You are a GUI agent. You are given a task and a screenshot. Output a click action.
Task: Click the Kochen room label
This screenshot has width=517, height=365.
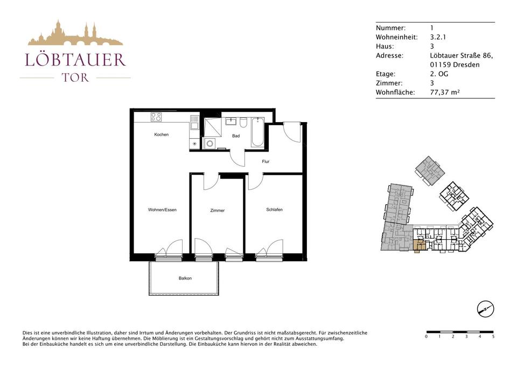pos(161,134)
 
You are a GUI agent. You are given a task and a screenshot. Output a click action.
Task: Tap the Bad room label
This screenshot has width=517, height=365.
pos(236,135)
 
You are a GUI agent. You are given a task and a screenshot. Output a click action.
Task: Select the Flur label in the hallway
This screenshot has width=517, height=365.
pos(266,161)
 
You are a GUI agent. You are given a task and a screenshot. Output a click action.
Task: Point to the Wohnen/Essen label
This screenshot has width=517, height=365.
pos(162,210)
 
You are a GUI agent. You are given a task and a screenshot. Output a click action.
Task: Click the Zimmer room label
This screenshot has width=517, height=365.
pos(217,210)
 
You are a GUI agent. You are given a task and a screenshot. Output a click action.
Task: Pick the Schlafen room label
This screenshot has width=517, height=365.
pos(274,209)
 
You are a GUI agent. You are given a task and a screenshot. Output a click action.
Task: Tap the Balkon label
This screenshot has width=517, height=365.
pos(185,278)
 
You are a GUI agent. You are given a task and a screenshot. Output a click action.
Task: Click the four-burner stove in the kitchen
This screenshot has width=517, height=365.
pos(156,117)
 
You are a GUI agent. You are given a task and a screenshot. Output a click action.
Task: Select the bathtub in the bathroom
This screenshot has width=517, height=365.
pos(257,132)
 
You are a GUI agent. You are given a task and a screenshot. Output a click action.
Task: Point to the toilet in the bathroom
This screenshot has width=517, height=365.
pos(243,123)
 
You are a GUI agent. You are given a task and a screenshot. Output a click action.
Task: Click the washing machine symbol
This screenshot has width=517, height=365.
pos(209,144)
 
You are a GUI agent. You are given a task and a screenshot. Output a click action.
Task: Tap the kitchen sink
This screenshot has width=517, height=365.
pos(194,122)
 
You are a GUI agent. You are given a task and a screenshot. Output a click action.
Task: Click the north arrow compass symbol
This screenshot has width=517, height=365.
pos(486,309)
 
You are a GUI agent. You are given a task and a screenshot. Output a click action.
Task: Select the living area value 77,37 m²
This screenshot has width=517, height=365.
pos(445,92)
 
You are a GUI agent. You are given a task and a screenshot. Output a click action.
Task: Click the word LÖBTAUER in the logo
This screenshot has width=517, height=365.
pos(75,60)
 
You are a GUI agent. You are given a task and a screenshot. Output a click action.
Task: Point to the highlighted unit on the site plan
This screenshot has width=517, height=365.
pos(419,246)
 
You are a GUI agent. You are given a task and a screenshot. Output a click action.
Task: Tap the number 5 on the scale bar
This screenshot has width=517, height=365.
pos(493,337)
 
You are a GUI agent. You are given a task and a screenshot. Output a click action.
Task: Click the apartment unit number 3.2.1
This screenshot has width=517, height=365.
pos(438,37)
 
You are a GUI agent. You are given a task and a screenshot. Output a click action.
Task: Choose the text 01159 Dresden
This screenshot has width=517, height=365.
pos(455,65)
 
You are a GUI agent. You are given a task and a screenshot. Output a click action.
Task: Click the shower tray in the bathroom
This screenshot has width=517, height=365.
pos(213,127)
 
